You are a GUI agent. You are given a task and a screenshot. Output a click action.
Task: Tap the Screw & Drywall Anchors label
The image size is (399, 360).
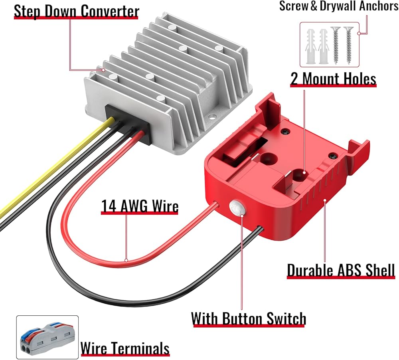tap(338, 7)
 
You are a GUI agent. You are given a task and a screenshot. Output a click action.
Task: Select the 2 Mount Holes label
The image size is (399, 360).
tap(333, 79)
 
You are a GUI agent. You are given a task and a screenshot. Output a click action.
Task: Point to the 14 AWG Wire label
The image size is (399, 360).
tap(140, 206)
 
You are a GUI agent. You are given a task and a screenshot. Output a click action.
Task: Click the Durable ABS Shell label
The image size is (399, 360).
tap(341, 270)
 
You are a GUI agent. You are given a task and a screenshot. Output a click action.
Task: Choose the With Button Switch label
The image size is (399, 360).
tap(249, 319)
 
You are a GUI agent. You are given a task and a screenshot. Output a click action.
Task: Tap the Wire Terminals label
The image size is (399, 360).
tap(125, 348)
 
